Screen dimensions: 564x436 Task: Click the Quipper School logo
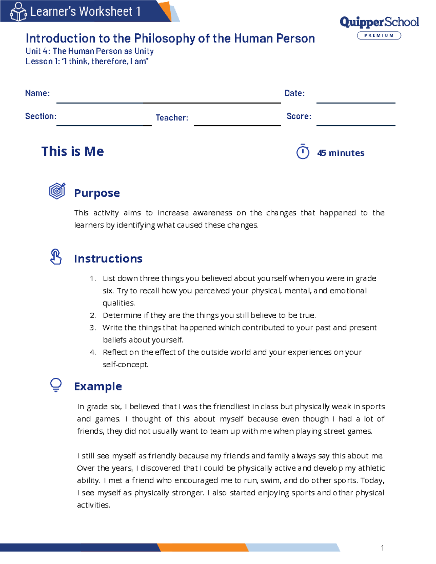[379, 23]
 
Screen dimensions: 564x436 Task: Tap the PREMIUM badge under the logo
[379, 36]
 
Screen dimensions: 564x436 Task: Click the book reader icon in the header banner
[18, 12]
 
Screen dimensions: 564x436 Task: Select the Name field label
[37, 93]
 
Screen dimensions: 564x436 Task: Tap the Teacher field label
[172, 118]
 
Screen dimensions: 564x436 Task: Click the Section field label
[41, 116]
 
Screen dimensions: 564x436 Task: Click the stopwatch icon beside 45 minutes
[303, 152]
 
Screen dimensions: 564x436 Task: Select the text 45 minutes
[340, 153]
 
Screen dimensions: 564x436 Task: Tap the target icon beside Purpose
[57, 191]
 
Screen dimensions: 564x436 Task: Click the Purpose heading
[97, 193]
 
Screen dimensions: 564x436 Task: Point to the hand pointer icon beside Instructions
[56, 257]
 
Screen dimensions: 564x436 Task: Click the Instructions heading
[108, 259]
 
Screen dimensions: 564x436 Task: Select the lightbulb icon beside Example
[56, 385]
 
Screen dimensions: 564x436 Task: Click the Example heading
[98, 386]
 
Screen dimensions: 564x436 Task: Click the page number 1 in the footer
[383, 548]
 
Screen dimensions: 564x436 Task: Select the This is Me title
[73, 151]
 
